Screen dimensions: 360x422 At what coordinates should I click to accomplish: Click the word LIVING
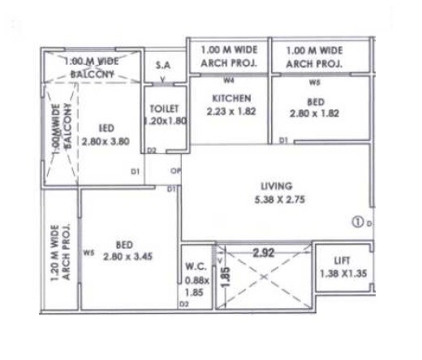coord(276,185)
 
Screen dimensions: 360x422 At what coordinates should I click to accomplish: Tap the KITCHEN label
coord(229,98)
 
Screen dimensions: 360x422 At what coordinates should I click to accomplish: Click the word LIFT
coord(342,261)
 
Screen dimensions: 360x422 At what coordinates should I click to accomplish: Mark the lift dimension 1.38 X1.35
coord(342,274)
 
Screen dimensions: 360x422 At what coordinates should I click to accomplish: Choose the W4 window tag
coord(229,81)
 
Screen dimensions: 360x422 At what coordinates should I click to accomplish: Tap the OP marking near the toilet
coord(174,171)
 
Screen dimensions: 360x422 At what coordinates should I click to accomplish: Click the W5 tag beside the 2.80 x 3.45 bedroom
coord(88,252)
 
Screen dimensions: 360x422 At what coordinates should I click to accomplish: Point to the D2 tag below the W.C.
coord(184,304)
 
